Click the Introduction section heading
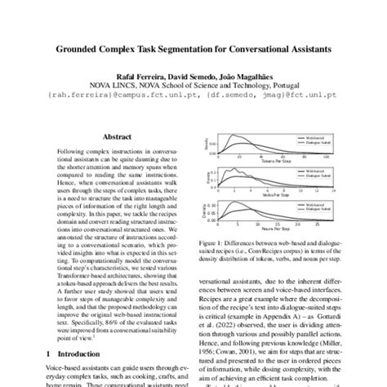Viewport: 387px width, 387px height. [x=81, y=354]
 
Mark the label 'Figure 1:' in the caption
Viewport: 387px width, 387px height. [x=210, y=242]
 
